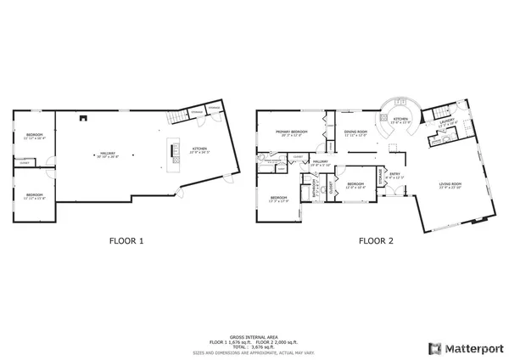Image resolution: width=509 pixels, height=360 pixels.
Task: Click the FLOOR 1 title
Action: pyautogui.click(x=126, y=241)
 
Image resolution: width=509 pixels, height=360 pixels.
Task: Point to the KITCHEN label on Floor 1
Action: pyautogui.click(x=200, y=151)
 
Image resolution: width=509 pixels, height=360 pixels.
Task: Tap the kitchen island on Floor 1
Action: pyautogui.click(x=176, y=150)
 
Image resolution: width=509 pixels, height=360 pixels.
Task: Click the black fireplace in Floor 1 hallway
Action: pyautogui.click(x=81, y=118)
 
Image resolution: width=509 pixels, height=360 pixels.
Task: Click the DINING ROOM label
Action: pyautogui.click(x=355, y=132)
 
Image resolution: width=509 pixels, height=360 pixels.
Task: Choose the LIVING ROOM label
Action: pyautogui.click(x=450, y=185)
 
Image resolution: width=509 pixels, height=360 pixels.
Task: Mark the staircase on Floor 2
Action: pyautogui.click(x=439, y=114)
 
